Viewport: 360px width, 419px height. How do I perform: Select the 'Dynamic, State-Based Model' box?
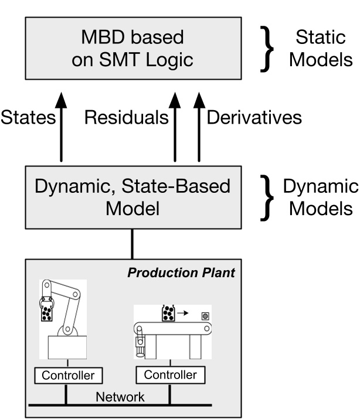[x=132, y=197]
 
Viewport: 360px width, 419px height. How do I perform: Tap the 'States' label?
[x=27, y=118]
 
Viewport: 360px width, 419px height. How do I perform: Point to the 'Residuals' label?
[x=125, y=118]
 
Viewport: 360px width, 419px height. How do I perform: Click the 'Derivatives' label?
[x=253, y=118]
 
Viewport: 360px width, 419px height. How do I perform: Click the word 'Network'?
[x=120, y=397]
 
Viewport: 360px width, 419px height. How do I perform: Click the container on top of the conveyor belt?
[x=168, y=314]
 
